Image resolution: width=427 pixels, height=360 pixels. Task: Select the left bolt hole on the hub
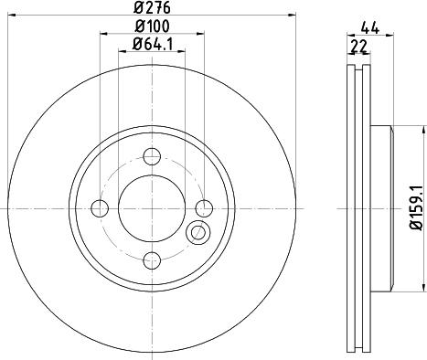click(99, 208)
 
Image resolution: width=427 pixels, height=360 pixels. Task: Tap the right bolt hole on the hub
click(204, 208)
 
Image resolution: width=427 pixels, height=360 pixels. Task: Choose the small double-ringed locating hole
click(196, 234)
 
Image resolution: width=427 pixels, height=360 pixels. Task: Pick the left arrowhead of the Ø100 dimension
click(101, 33)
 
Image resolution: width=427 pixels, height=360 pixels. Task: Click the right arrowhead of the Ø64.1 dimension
click(182, 50)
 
